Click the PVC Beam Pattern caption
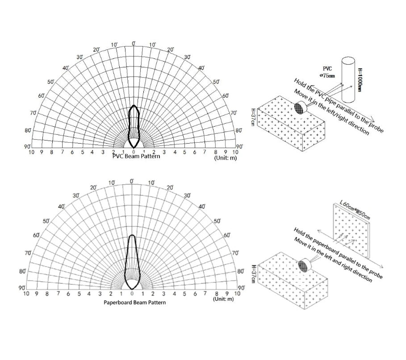[136, 156]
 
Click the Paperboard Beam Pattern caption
[134, 302]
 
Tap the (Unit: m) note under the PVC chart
[225, 158]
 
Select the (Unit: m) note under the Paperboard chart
[223, 299]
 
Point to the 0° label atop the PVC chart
[134, 43]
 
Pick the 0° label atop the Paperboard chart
[132, 181]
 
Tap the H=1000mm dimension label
[360, 80]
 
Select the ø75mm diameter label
[327, 75]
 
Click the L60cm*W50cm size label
[355, 210]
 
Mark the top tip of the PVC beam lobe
[134, 105]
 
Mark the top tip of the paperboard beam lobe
[132, 235]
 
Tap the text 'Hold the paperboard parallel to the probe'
[338, 253]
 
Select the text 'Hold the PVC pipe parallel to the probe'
[339, 106]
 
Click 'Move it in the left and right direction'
[333, 260]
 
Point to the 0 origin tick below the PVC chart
[134, 152]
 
